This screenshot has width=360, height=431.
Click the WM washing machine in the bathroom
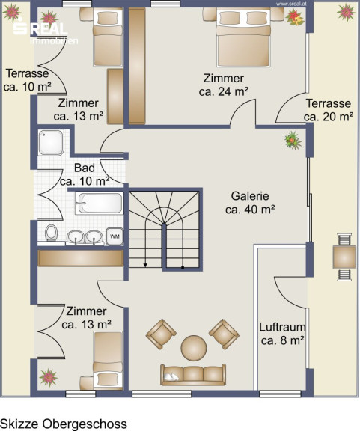coord(115,236)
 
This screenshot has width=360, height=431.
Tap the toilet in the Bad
coord(51,233)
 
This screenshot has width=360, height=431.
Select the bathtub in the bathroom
coord(100,203)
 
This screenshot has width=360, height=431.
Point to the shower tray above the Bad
coord(51,143)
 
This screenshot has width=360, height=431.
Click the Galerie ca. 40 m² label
coord(250,203)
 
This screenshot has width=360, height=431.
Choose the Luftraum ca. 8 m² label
coord(282,334)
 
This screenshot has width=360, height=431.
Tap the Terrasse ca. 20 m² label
coord(329,110)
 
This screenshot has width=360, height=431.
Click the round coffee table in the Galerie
coord(194,348)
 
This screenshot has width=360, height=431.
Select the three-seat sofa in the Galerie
coord(193,375)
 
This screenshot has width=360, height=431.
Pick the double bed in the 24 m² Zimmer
coord(242,37)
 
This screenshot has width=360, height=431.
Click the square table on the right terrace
coord(344,257)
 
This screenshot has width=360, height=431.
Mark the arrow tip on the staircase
coord(145,266)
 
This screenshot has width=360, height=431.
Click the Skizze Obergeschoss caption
coord(64,424)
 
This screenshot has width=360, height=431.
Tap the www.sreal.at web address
coord(291,4)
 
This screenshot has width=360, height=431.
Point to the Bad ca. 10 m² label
coord(85,174)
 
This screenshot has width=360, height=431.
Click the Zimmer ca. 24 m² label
coord(224,85)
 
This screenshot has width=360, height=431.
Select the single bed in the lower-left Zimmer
coord(108,361)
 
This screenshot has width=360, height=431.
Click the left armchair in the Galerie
coord(161,334)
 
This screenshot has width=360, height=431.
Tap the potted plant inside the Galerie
coord(293,140)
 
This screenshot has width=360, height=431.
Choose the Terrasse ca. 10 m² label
coord(27,80)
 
